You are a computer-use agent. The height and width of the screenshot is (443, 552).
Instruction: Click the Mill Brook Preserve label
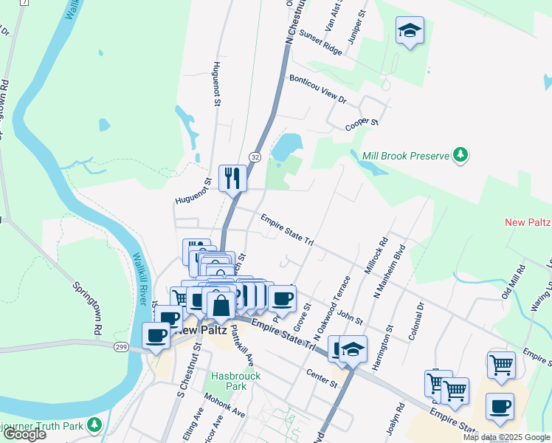406,156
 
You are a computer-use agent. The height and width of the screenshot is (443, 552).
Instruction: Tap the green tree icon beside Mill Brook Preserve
461,155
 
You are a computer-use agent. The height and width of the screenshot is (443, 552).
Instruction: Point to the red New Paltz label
528,222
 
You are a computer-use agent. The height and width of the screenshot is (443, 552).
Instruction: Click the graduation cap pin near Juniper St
410,31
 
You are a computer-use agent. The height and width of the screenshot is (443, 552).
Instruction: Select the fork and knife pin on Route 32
233,178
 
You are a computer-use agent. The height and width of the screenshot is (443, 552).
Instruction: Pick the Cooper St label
362,125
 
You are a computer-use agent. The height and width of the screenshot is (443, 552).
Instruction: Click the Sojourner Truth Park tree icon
94,425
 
